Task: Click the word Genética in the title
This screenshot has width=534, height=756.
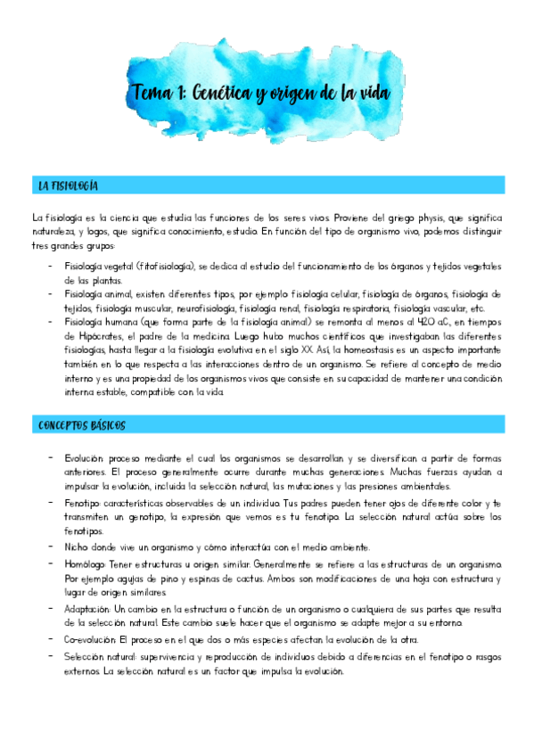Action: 233,92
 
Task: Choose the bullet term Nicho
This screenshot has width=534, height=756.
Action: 78,546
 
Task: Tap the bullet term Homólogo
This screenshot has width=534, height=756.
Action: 86,564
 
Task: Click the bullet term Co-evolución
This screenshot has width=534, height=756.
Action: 91,640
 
